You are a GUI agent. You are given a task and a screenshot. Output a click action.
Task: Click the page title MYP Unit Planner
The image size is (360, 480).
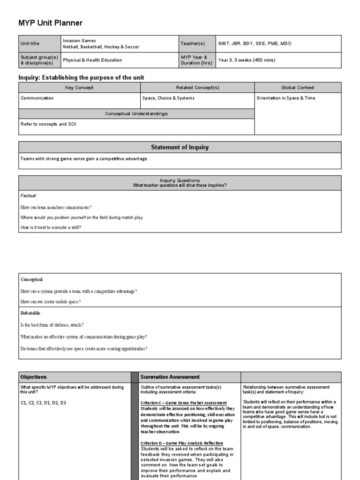(51, 23)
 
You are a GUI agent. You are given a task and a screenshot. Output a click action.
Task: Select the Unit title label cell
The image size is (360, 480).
(30, 44)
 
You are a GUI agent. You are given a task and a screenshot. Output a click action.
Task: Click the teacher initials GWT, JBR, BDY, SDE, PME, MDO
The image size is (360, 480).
(255, 44)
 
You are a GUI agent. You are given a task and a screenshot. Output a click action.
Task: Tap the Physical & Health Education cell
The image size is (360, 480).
(92, 60)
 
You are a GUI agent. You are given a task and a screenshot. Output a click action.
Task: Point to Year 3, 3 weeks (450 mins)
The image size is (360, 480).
(247, 60)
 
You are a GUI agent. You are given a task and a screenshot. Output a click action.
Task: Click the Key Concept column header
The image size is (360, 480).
(79, 88)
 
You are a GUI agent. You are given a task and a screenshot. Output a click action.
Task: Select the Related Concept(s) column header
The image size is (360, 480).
(197, 88)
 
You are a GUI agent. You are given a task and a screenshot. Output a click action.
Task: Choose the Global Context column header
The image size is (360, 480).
(298, 88)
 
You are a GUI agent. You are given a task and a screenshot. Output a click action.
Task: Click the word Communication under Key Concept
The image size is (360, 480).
(37, 98)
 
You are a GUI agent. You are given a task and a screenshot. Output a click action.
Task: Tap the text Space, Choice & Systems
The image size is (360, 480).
(168, 98)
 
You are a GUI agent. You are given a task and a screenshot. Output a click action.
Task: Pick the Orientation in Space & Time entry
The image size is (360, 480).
(286, 98)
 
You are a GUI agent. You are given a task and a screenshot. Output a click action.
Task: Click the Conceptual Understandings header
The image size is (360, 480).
(136, 113)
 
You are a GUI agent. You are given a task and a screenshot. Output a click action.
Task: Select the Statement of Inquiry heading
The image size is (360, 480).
(180, 147)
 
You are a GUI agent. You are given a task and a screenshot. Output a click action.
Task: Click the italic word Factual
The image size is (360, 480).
(29, 195)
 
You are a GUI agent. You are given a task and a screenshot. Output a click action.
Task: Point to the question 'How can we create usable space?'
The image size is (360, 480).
(51, 302)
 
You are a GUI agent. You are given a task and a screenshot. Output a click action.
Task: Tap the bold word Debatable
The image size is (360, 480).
(30, 313)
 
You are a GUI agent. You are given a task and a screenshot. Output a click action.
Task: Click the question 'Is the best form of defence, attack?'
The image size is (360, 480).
(52, 325)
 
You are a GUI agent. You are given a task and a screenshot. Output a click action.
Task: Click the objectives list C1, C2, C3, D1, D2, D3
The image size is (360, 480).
(43, 403)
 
